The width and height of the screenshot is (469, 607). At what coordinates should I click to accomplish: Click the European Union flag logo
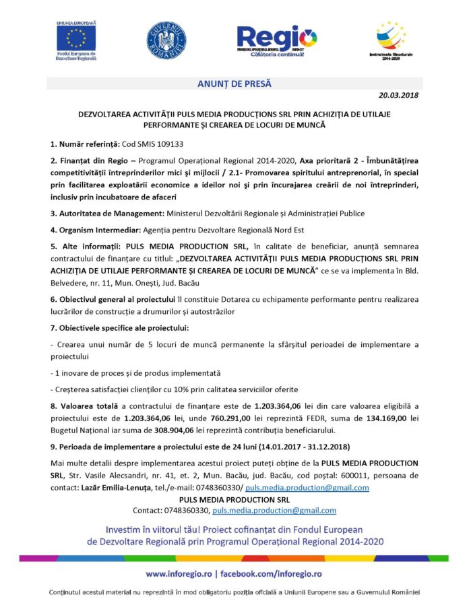(x=75, y=35)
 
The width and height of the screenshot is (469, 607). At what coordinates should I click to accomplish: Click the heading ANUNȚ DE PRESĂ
(x=234, y=84)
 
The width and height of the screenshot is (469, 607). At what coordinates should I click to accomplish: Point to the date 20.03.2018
(x=398, y=96)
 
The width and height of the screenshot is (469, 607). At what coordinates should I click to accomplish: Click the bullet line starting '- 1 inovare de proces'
(x=135, y=373)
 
